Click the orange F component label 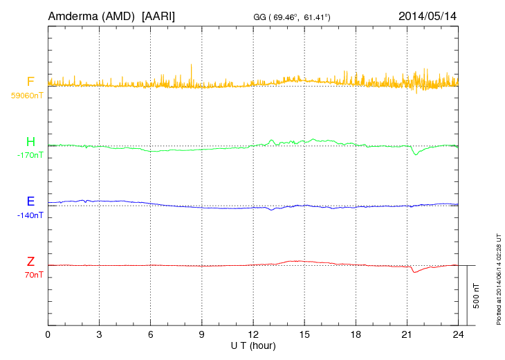[30, 82]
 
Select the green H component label [30, 143]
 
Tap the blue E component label [30, 201]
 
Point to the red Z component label [30, 262]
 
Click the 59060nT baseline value [26, 96]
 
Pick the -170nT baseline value [30, 155]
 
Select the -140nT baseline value [30, 215]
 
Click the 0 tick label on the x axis [48, 334]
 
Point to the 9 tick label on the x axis [202, 334]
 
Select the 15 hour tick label [304, 334]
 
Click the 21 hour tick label [407, 334]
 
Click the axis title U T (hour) [252, 345]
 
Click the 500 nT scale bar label [477, 295]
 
